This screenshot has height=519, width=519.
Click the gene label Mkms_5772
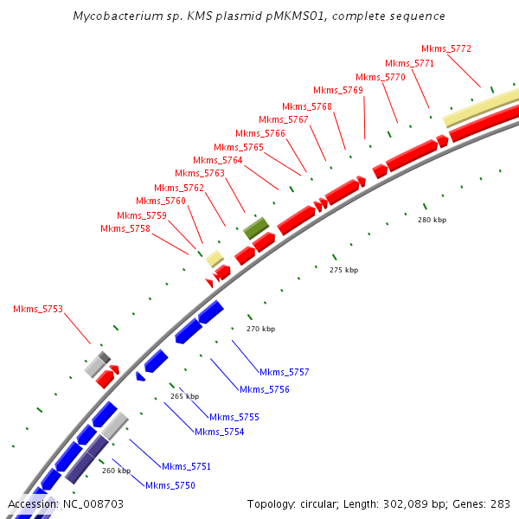(x=446, y=48)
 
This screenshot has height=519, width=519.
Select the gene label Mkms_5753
(x=38, y=309)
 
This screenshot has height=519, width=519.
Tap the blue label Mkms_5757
(x=285, y=372)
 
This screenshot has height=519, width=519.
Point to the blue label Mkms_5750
(x=170, y=485)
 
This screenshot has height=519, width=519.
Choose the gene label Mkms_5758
(x=125, y=228)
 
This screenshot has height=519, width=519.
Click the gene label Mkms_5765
(x=239, y=147)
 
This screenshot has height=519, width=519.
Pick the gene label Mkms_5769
(x=338, y=90)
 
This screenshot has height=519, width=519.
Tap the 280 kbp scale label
(x=432, y=220)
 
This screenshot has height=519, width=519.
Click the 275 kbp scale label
(x=343, y=270)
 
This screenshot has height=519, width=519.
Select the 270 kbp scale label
(x=260, y=329)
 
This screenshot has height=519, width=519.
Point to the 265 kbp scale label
(x=184, y=396)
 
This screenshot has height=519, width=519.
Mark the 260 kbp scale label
(x=116, y=471)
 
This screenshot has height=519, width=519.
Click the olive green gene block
(x=256, y=227)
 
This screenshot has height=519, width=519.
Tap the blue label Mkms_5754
(x=219, y=432)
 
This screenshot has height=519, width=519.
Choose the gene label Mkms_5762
(x=179, y=188)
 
